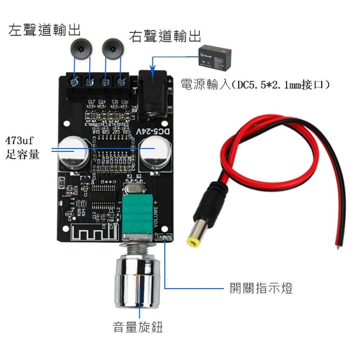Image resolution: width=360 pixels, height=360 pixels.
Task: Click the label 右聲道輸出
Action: [x=165, y=36]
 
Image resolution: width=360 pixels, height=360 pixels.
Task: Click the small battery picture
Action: [x=216, y=56]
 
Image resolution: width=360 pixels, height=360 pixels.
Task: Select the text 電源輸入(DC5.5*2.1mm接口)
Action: [x=256, y=84]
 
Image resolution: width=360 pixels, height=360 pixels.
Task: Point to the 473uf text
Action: [x=19, y=142]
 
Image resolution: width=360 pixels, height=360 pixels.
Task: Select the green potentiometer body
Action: [x=137, y=215]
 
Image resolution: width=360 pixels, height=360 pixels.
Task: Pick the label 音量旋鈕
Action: [x=138, y=327]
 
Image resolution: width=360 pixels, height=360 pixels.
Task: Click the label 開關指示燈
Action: [x=261, y=288]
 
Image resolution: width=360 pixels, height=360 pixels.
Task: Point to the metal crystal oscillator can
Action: [x=134, y=189]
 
